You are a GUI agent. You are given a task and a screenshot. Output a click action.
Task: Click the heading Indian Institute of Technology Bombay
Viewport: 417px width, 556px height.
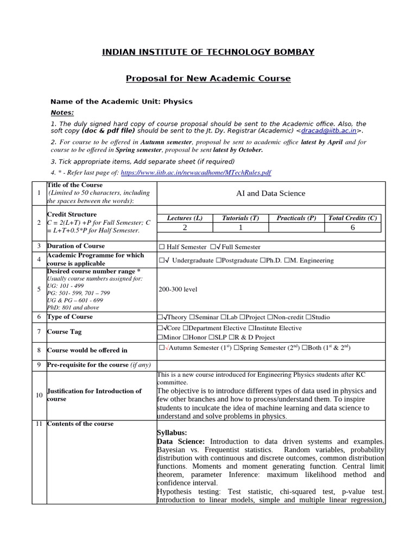coord(208,52)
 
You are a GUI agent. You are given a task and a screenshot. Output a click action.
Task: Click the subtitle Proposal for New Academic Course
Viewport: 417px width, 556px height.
coord(208,79)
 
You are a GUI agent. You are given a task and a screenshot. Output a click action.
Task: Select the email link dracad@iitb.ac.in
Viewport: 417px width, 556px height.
coord(329,131)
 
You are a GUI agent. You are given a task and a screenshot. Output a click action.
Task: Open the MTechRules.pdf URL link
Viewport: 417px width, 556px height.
coord(196,172)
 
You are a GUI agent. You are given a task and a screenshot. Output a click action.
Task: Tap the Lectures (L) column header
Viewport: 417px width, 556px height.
coord(185,218)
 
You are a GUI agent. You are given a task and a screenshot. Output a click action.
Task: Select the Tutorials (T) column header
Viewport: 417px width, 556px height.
coord(241,218)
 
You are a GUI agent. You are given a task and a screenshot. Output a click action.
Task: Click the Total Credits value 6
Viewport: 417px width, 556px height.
coord(352,228)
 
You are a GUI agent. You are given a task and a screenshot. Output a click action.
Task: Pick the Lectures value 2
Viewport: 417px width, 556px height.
coord(185,228)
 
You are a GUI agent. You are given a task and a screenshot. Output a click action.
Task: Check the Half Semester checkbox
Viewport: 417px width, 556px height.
coord(161,247)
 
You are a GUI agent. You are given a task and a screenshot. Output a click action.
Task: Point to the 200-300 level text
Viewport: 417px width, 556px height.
coord(178,289)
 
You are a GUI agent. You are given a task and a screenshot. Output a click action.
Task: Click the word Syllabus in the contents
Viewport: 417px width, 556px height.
coord(172,433)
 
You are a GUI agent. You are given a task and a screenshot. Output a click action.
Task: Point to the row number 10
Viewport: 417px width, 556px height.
coord(39,395)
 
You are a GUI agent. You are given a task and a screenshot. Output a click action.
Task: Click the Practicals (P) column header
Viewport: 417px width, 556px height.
coord(296,218)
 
